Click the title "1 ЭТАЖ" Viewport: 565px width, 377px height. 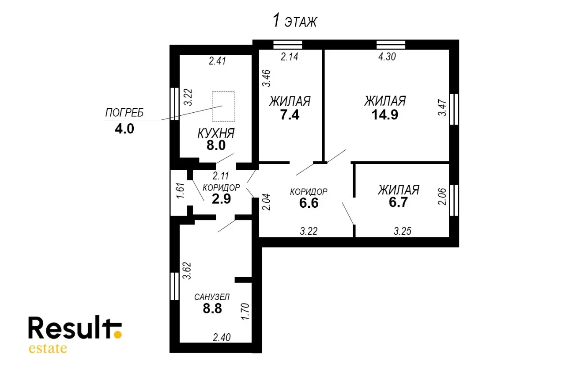point(294,21)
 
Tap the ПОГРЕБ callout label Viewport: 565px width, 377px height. point(124,113)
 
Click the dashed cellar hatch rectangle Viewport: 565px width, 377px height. point(223,107)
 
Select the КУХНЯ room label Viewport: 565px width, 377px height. point(216,133)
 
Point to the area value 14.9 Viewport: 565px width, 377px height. point(385,114)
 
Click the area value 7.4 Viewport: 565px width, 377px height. point(290,115)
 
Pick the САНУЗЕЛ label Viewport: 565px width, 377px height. point(212,297)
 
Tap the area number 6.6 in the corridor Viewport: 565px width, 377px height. point(309,203)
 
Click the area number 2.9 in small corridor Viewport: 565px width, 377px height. point(221,199)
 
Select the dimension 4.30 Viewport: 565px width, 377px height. point(387,57)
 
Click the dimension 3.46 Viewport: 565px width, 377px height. point(266,78)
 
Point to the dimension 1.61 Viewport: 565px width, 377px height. point(181,190)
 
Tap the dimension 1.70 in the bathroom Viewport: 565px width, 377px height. point(245,311)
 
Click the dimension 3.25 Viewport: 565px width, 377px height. point(403,231)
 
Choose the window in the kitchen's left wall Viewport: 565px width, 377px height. point(174,104)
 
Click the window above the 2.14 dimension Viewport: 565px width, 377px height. point(288,45)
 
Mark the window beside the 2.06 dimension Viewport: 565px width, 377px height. point(454,200)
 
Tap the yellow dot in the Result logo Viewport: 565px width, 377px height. point(117,335)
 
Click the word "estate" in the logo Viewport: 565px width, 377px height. point(48,348)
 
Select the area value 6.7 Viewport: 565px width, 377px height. point(398,202)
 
